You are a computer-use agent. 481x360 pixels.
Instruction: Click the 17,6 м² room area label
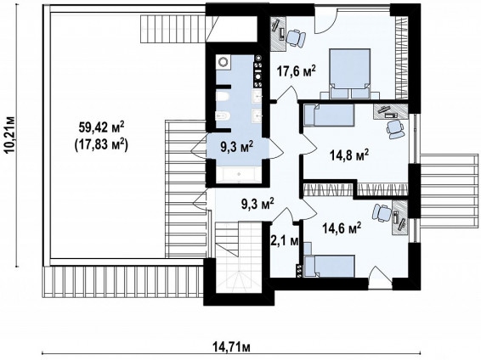[x=296, y=71]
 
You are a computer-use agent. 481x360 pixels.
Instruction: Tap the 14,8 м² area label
[x=348, y=155]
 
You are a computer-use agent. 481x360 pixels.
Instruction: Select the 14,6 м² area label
[x=342, y=228]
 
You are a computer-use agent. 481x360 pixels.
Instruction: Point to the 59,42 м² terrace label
[x=101, y=127]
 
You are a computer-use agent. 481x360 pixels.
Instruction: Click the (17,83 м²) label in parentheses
[x=101, y=144]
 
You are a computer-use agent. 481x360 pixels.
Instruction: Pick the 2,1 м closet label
[x=285, y=241]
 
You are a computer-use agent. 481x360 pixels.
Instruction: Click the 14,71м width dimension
[x=232, y=347]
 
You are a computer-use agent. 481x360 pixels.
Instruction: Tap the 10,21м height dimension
[x=10, y=134]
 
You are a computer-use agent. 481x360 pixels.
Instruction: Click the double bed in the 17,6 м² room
[x=350, y=74]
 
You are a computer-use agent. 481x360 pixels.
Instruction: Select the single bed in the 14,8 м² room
[x=329, y=115]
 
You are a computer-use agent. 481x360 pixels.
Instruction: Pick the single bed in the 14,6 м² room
[x=330, y=266]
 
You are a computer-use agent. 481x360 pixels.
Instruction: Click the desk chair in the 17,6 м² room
[x=296, y=38]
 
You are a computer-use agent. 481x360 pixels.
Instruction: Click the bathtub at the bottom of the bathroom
[x=239, y=175]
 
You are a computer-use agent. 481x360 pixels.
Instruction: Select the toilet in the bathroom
[x=223, y=97]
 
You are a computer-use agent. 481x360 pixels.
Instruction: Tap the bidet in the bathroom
[x=223, y=116]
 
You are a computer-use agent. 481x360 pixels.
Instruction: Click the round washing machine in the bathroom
[x=223, y=62]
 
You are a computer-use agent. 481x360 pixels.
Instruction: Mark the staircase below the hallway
[x=238, y=256]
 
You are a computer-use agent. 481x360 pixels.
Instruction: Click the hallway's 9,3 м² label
[x=257, y=205]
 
